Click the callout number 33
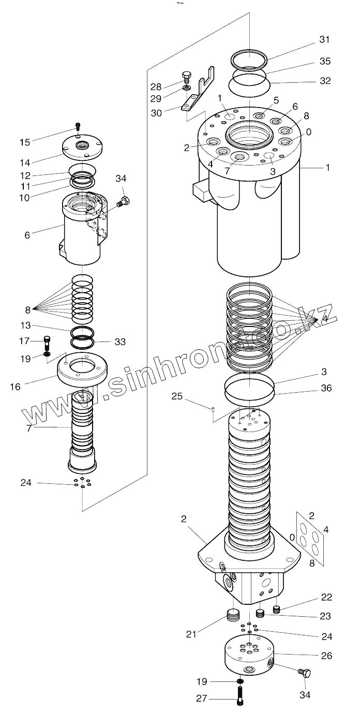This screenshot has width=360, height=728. tap(120, 342)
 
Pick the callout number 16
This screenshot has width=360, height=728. tap(16, 386)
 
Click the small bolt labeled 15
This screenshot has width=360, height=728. tap(78, 126)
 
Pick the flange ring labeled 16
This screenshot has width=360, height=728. tap(82, 368)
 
